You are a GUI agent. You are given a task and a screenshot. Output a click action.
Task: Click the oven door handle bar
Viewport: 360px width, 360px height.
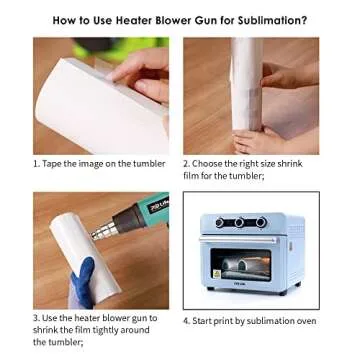tap(247, 238)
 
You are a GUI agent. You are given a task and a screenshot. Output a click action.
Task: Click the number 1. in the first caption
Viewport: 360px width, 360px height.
tap(37, 163)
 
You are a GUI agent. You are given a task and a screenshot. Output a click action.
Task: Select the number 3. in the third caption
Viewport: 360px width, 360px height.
tap(37, 318)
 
